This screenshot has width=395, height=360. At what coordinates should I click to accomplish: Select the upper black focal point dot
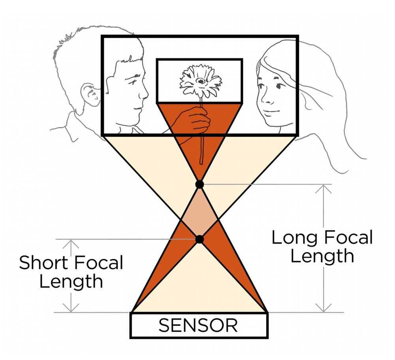tap(200, 184)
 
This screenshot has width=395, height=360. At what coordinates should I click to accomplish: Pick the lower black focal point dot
tap(199, 239)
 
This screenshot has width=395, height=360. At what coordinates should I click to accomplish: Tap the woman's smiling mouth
tap(270, 112)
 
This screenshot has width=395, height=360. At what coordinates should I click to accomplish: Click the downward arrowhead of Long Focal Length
tap(324, 308)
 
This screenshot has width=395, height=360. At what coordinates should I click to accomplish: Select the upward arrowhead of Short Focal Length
tap(71, 244)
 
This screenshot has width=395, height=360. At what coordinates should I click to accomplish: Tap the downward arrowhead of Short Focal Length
tap(71, 308)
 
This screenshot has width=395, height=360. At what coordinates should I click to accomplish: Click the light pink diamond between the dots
tap(200, 212)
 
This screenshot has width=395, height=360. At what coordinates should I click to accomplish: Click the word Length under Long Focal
tap(322, 256)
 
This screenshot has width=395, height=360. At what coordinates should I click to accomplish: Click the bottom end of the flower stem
tap(201, 163)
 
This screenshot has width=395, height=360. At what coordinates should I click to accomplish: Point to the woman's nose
tap(263, 98)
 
